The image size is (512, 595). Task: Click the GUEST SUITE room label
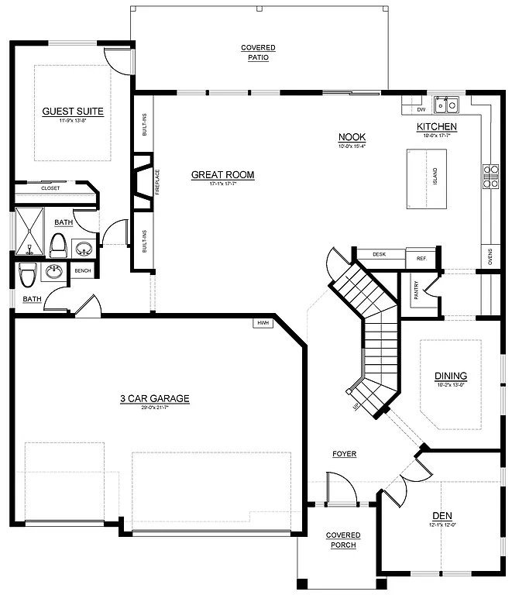[x=73, y=111]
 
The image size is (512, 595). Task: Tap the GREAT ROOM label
[x=222, y=175]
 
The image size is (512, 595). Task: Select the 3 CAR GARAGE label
[x=154, y=399]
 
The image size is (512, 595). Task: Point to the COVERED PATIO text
[x=258, y=53]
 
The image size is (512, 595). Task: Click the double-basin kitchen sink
[x=447, y=103]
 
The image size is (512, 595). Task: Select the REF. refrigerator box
[x=422, y=258]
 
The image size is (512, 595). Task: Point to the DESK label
[x=379, y=254]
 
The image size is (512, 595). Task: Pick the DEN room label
[x=442, y=515]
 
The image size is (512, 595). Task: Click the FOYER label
[x=345, y=454]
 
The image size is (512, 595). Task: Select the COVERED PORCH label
[x=341, y=540]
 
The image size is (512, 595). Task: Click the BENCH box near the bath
[x=82, y=271]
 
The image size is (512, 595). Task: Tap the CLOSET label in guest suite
[x=50, y=188]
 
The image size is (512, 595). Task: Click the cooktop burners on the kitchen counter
[x=491, y=177]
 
